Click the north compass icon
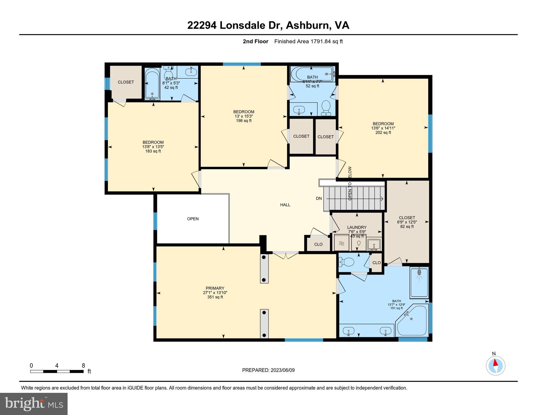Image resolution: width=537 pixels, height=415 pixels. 495,366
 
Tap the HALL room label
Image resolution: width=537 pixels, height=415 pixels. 285,205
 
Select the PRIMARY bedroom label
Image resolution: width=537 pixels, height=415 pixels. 215,288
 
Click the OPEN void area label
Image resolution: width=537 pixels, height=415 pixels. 193,219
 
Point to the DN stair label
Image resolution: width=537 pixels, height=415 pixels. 319,198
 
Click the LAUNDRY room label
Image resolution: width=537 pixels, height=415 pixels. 357,227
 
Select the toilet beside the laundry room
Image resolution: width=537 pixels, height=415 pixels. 346,262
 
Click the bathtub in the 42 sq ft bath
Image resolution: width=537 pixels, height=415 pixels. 152,83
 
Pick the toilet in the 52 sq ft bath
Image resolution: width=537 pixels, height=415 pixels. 326,108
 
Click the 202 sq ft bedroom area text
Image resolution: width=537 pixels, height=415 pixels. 383,133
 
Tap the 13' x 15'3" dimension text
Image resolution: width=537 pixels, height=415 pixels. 244,116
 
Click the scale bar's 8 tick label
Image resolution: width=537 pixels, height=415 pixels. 83,366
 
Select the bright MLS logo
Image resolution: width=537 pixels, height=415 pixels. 34,404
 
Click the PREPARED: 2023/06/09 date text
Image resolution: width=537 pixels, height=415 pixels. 268,370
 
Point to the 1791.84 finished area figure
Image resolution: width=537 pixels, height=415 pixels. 321,41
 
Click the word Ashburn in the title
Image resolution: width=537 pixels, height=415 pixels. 309,25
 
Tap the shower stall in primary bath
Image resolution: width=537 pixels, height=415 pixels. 419,282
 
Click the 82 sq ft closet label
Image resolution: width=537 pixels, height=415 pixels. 407,226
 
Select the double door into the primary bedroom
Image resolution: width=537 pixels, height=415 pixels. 285,255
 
